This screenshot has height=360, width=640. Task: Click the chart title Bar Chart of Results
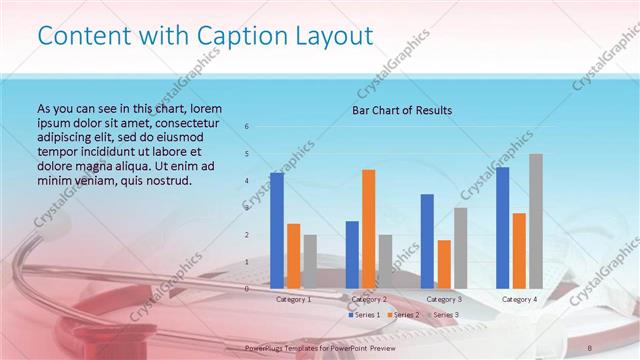click(402, 110)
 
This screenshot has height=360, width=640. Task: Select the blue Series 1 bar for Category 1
click(277, 230)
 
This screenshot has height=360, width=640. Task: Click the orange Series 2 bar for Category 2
click(368, 228)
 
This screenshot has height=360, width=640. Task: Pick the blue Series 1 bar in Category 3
click(427, 241)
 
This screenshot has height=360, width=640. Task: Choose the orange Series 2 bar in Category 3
click(443, 264)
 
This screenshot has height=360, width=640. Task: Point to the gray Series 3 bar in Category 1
click(309, 261)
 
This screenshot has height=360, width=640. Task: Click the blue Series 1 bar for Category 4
click(502, 227)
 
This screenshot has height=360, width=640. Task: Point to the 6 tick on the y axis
click(247, 127)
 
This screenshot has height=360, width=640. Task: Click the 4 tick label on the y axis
click(247, 181)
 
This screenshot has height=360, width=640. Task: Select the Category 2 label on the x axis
click(368, 299)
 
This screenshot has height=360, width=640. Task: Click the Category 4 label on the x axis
click(518, 299)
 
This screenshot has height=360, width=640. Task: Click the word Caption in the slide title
click(218, 36)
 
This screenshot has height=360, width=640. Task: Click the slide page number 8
click(588, 346)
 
